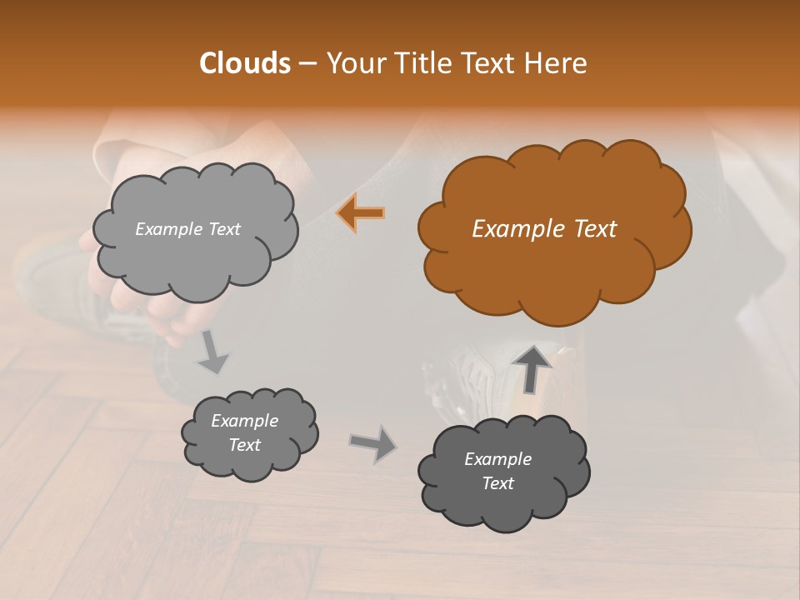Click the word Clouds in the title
(x=244, y=63)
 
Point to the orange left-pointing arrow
(x=361, y=213)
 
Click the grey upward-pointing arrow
(x=532, y=367)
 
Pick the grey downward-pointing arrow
(x=212, y=352)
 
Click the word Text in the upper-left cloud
(x=224, y=229)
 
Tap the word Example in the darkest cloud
(x=497, y=459)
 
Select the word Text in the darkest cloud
(x=497, y=483)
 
